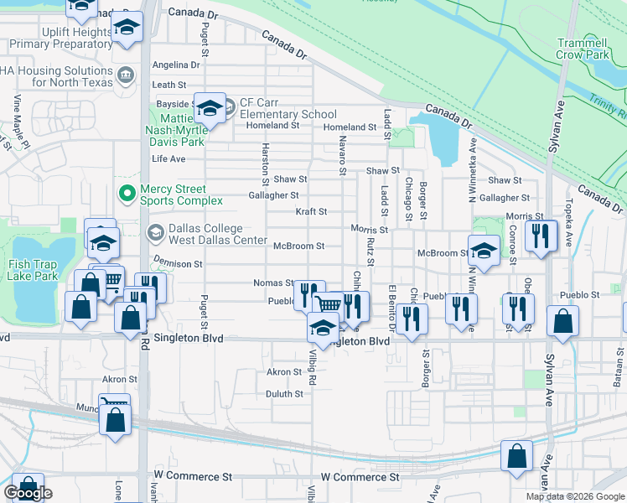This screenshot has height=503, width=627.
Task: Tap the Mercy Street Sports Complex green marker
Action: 127,194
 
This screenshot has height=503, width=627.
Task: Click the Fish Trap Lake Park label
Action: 34,269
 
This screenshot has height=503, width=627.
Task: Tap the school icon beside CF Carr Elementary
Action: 210,107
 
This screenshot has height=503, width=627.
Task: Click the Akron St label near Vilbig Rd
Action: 283,371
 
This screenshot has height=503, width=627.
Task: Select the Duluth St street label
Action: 284,393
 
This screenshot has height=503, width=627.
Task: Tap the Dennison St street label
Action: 178,263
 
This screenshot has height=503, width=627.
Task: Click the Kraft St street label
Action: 311,212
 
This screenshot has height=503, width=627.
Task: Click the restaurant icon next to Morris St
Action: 541,236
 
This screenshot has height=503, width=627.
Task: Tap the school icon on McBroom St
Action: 484,250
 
